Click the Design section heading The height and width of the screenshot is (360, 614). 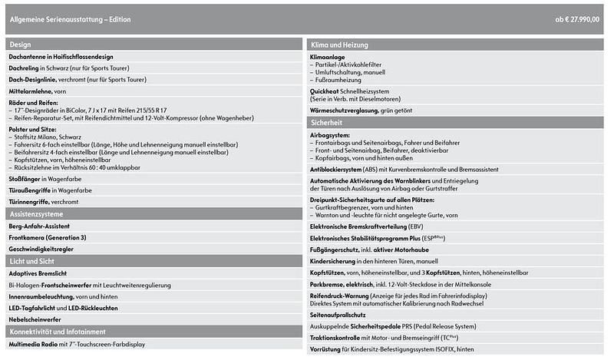pos(21,45)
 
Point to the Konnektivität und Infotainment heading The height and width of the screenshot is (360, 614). pos(57,332)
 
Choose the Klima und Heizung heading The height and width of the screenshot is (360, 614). pos(340,45)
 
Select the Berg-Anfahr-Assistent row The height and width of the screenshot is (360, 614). pos(44,226)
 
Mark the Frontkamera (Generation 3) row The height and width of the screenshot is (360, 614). pos(47,237)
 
